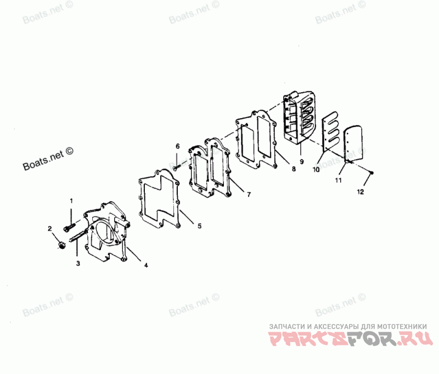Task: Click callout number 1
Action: pyautogui.click(x=71, y=201)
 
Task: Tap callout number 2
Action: pyautogui.click(x=50, y=228)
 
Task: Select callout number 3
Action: pyautogui.click(x=78, y=264)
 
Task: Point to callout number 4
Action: pyautogui.click(x=145, y=265)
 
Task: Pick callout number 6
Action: pyautogui.click(x=177, y=146)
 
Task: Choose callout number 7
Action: pyautogui.click(x=249, y=194)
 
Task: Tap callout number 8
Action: pyautogui.click(x=294, y=170)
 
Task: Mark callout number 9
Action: pyautogui.click(x=301, y=162)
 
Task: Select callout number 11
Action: pyautogui.click(x=339, y=180)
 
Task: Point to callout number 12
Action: pyautogui.click(x=360, y=192)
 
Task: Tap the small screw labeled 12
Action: pyautogui.click(x=371, y=173)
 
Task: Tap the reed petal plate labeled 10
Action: pyautogui.click(x=329, y=132)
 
